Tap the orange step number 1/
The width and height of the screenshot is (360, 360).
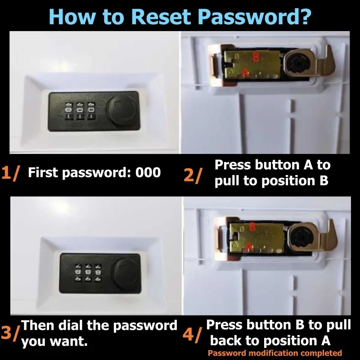[10, 173]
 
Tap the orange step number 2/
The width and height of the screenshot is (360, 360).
[193, 175]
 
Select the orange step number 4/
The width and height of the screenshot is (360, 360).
[193, 335]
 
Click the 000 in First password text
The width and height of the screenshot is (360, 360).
[148, 172]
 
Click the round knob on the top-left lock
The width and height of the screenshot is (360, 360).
[122, 109]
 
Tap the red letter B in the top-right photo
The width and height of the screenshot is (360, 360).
[256, 57]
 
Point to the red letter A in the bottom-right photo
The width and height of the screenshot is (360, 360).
[249, 246]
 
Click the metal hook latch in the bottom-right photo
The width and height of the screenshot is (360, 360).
[325, 239]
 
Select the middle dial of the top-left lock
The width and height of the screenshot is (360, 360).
[80, 110]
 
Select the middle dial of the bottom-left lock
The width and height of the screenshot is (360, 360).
[88, 273]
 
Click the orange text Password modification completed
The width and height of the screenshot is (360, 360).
[275, 353]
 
